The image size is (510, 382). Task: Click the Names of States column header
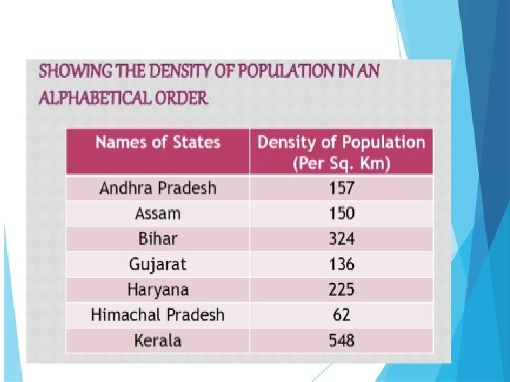pyautogui.click(x=158, y=143)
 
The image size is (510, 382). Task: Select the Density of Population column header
pyautogui.click(x=341, y=153)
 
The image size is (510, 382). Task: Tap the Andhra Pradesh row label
pyautogui.click(x=158, y=188)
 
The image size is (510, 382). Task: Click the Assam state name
pyautogui.click(x=158, y=214)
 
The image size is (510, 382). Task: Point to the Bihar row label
pyautogui.click(x=158, y=239)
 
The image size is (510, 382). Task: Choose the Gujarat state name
pyautogui.click(x=158, y=265)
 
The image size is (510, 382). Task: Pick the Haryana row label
pyautogui.click(x=158, y=290)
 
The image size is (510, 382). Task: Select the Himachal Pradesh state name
pyautogui.click(x=158, y=315)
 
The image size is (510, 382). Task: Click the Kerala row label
pyautogui.click(x=158, y=341)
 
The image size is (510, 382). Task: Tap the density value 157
pyautogui.click(x=341, y=188)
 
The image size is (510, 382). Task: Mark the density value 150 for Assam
pyautogui.click(x=341, y=214)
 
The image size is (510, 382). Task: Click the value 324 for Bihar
pyautogui.click(x=341, y=239)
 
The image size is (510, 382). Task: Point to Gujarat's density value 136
pyautogui.click(x=341, y=265)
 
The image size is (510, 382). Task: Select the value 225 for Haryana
pyautogui.click(x=341, y=290)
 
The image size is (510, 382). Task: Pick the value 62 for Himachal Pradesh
pyautogui.click(x=341, y=315)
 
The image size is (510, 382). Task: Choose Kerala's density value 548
pyautogui.click(x=341, y=341)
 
